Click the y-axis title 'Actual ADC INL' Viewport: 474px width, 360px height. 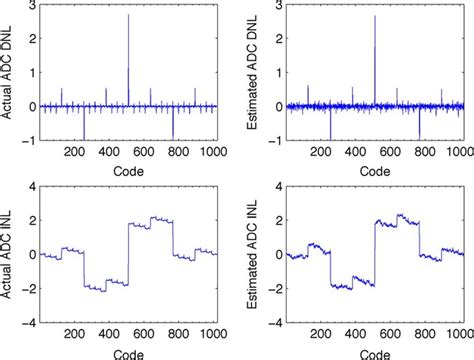click(9, 254)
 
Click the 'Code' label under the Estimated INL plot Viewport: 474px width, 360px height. click(374, 351)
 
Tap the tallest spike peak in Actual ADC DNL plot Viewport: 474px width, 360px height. click(129, 15)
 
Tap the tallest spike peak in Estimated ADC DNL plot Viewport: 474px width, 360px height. click(375, 16)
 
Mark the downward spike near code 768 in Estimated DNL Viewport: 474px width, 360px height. click(419, 136)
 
